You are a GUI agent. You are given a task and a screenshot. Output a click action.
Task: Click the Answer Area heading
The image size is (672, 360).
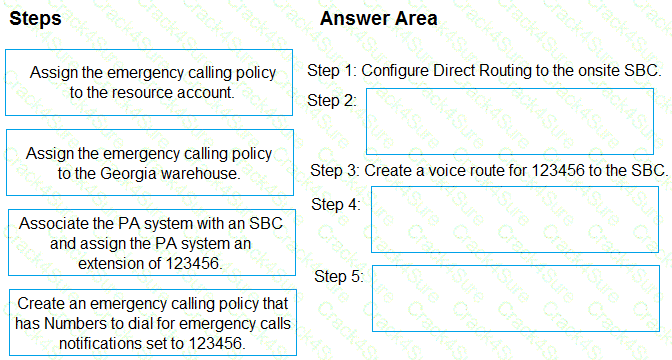[x=378, y=19]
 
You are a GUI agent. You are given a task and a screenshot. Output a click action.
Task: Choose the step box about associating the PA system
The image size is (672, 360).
[x=150, y=243]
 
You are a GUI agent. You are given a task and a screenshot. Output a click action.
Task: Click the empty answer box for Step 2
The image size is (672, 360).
[x=510, y=121]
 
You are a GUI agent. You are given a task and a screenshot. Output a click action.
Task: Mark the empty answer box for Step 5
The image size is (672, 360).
[x=515, y=298]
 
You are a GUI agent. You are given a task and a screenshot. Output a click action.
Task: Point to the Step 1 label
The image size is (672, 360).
[x=332, y=71]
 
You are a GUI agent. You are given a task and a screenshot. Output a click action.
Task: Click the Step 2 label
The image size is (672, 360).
[x=332, y=100]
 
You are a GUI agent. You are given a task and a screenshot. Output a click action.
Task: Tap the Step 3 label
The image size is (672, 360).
[x=335, y=170]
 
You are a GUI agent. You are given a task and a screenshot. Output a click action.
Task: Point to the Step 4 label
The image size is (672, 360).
[x=336, y=204]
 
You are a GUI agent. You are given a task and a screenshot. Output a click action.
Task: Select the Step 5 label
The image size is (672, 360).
[x=338, y=275]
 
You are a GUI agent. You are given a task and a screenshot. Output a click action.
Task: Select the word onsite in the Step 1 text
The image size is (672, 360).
[x=581, y=71]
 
